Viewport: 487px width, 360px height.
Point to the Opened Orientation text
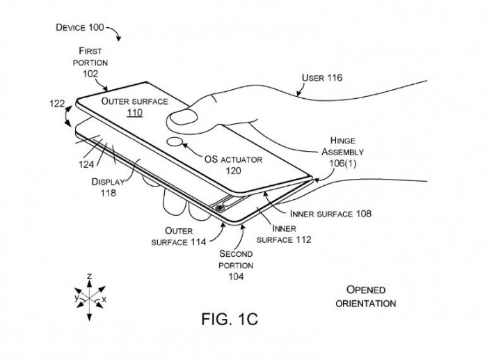click(x=365, y=296)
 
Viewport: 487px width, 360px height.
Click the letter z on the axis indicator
click(x=89, y=277)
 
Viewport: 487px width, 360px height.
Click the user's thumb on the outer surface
click(x=184, y=117)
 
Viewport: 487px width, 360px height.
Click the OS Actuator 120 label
click(x=234, y=164)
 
